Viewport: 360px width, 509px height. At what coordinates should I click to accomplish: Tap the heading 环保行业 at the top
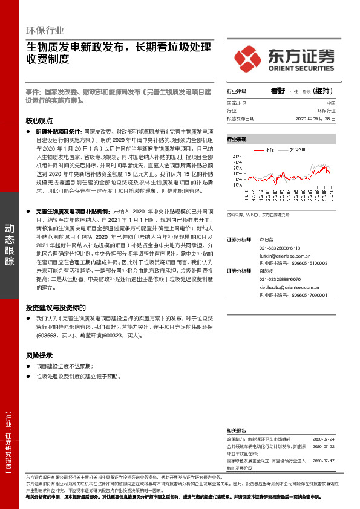point(45,30)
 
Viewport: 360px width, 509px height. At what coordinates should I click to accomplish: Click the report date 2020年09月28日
point(315,119)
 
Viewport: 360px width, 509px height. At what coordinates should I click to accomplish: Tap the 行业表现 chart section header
point(237,139)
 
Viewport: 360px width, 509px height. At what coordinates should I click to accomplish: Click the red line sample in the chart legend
point(260,149)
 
